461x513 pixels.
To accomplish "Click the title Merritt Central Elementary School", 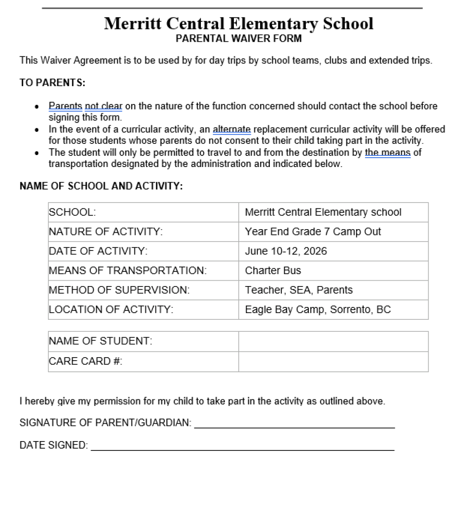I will coord(238,23).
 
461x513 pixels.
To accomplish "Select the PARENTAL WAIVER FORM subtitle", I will coord(238,39).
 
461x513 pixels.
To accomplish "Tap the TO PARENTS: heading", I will coord(52,83).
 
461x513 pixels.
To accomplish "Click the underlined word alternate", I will coord(232,130).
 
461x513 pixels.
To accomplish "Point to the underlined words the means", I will coord(387,153).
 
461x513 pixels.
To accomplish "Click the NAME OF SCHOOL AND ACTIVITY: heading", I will coord(101,186).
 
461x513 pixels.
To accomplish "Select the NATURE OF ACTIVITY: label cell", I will coord(106,232).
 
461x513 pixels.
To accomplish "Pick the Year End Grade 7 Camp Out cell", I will coord(313,232).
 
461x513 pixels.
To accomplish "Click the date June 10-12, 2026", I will coord(286,251).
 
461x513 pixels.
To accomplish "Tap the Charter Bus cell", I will coord(273,271).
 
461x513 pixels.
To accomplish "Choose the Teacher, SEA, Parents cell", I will coord(299,290).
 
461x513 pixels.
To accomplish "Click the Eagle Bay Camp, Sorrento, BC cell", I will coord(318,310).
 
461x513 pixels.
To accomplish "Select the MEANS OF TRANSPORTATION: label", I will coord(128,271).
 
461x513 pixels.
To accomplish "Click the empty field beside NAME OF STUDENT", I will coord(333,342).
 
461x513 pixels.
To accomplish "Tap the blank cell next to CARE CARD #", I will coord(333,362).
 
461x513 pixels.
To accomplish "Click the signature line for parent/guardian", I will coord(294,424).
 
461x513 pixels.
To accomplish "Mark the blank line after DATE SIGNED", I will coord(242,446).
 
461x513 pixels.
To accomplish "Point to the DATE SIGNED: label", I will coord(54,445).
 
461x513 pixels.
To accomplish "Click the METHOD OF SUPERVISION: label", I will coord(119,290).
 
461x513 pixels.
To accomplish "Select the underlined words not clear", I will coord(103,107).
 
